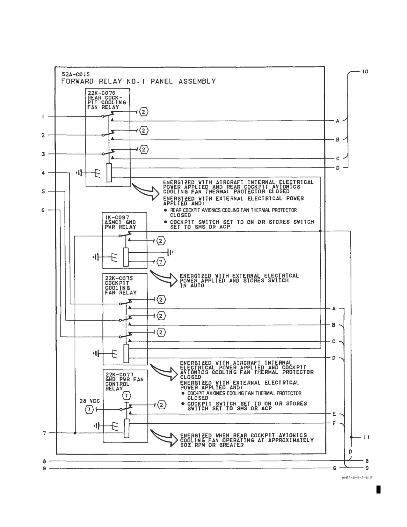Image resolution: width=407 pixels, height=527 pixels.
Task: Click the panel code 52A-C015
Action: (x=76, y=74)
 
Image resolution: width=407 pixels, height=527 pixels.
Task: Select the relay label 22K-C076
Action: (x=101, y=93)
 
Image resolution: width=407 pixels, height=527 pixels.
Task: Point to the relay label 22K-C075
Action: (x=119, y=278)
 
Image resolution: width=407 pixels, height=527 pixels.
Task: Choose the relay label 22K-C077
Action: (x=120, y=375)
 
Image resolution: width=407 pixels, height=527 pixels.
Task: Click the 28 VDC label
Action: (x=90, y=401)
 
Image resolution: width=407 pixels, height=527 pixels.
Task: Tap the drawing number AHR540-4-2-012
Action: (x=357, y=478)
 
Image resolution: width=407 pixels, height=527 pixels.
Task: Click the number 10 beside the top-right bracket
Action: (x=365, y=71)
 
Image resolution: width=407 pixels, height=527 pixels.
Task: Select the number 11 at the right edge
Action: (x=366, y=437)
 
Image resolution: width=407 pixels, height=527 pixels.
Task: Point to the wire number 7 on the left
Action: (x=44, y=433)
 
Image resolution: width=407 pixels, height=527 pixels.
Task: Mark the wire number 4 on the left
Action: (x=43, y=173)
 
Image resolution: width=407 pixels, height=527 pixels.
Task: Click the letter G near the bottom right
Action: (x=335, y=468)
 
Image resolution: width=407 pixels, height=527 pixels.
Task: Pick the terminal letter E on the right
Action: (x=334, y=414)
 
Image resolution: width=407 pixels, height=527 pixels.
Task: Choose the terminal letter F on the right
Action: (x=334, y=423)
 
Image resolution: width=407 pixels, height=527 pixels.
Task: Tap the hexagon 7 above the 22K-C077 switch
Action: (x=126, y=396)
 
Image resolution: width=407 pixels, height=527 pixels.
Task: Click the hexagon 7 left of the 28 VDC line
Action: (x=89, y=410)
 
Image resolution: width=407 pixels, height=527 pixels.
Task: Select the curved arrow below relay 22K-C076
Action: (x=145, y=191)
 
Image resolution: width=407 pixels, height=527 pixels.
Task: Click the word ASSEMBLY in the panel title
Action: (x=197, y=81)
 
